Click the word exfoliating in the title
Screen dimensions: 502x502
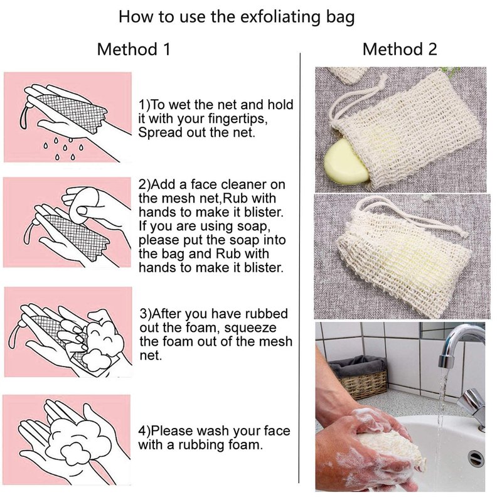click(280, 17)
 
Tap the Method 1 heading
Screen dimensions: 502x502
click(134, 50)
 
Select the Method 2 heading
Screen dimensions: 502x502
click(400, 50)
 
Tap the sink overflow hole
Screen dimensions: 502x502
click(476, 459)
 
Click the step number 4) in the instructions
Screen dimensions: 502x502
click(144, 431)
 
